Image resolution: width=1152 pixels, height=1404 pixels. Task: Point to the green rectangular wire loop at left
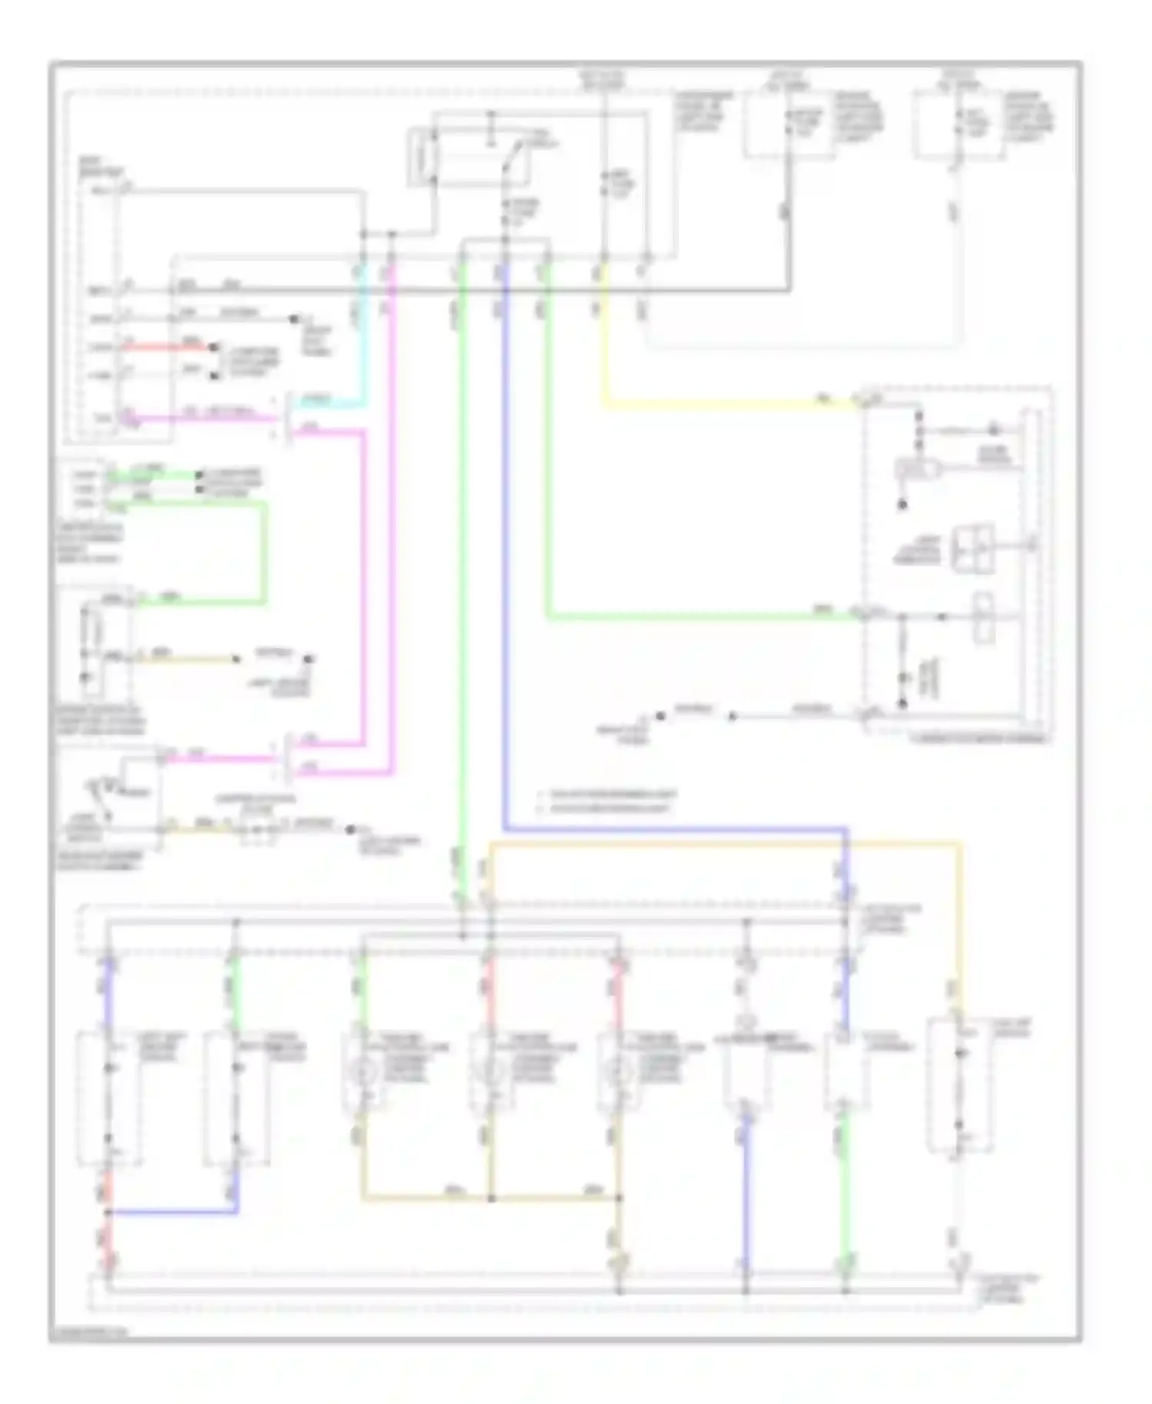tap(264, 553)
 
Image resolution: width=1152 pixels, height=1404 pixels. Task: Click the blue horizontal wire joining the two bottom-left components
tap(173, 1213)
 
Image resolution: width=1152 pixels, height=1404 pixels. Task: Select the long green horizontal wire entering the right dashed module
tap(691, 616)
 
